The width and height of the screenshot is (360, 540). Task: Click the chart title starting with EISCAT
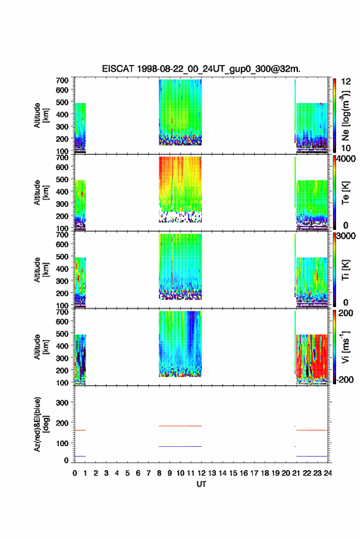tap(201, 69)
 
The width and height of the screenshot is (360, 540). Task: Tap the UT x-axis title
tap(201, 484)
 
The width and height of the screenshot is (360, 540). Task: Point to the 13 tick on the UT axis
tap(212, 473)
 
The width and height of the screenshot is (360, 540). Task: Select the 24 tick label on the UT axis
tap(327, 473)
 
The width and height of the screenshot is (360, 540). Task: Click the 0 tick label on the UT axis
tap(75, 473)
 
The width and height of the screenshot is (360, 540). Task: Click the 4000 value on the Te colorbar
tap(346, 159)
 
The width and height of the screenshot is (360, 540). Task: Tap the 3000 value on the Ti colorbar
tap(346, 236)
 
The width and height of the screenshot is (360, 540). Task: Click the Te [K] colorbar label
tap(345, 193)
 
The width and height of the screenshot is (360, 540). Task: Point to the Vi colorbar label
tap(345, 347)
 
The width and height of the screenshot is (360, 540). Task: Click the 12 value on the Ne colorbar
tap(346, 82)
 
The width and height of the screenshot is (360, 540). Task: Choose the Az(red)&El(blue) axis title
tap(41, 424)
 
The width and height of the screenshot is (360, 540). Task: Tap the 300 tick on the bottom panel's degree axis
tap(62, 403)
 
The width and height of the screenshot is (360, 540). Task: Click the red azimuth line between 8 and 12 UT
tap(180, 426)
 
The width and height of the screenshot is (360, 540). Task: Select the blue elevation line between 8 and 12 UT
tap(180, 446)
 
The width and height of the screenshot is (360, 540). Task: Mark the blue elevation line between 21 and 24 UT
tap(312, 456)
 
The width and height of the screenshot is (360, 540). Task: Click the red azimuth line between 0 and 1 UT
tap(80, 430)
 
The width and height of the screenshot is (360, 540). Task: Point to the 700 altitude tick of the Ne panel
tap(62, 80)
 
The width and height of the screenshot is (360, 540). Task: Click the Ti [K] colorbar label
tap(345, 270)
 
